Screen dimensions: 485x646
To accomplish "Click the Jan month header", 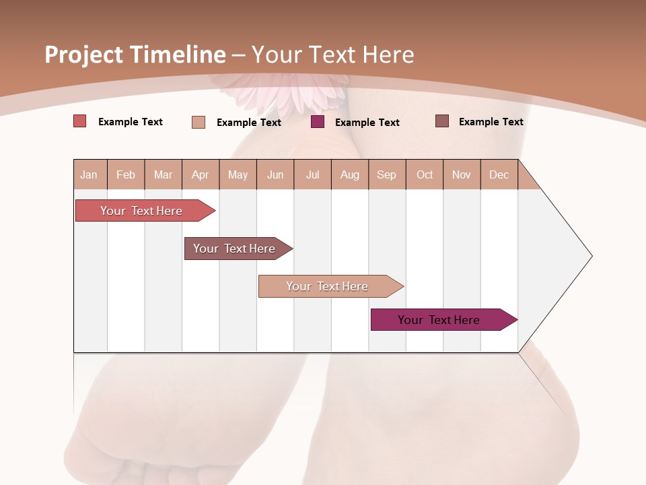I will tap(89, 174).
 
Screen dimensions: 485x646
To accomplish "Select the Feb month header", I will tap(126, 174).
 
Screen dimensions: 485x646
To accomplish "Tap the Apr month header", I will tap(201, 174).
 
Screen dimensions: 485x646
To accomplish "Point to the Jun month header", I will tap(275, 174).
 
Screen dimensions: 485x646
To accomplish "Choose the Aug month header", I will tap(350, 174).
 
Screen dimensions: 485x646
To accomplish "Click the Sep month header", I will tap(387, 174).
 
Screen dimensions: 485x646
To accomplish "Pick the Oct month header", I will tap(425, 174).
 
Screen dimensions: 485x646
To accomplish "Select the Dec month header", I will tap(499, 174).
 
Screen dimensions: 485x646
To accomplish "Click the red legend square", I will tap(80, 121).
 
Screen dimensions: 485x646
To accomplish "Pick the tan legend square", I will tap(199, 122).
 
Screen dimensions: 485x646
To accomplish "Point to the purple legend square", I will tap(318, 122).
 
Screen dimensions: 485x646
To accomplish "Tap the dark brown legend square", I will tap(442, 121).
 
